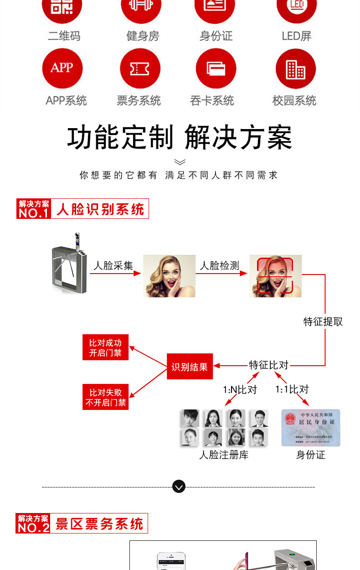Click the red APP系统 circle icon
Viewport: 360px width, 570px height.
pyautogui.click(x=62, y=68)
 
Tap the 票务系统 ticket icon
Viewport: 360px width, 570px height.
pyautogui.click(x=140, y=68)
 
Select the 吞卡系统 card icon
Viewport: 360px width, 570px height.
pyautogui.click(x=216, y=68)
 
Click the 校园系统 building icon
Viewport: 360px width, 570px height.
pyautogui.click(x=296, y=68)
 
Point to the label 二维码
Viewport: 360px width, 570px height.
pyautogui.click(x=64, y=36)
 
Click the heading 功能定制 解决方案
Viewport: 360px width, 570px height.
pyautogui.click(x=180, y=137)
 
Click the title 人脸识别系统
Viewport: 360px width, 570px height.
pyautogui.click(x=100, y=209)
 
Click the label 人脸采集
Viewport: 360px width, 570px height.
pyautogui.click(x=113, y=265)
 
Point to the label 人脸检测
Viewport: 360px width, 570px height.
pyautogui.click(x=220, y=265)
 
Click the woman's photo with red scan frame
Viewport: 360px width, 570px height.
pyautogui.click(x=275, y=275)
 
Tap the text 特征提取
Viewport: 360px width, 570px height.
pyautogui.click(x=323, y=321)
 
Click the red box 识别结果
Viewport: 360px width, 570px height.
pyautogui.click(x=189, y=366)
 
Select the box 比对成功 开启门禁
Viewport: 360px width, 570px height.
pyautogui.click(x=105, y=347)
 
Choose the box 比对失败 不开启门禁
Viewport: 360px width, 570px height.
pyautogui.click(x=105, y=397)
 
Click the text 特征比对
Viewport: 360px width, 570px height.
pyautogui.click(x=269, y=365)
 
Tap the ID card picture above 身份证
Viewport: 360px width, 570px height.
pyautogui.click(x=311, y=427)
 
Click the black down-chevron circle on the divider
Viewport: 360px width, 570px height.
pyautogui.click(x=179, y=487)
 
